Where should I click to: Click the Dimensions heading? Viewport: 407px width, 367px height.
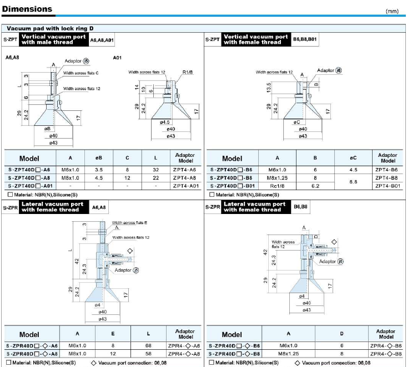27,9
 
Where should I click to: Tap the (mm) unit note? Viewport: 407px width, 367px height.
392,11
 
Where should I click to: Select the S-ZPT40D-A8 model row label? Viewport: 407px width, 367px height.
29,178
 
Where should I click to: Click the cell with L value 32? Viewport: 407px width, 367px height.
155,170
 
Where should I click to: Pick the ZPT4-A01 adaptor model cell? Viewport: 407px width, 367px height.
186,186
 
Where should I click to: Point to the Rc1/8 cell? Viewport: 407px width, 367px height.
277,186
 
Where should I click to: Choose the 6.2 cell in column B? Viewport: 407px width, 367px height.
315,186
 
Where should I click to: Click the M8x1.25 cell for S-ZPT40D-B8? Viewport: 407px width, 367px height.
277,178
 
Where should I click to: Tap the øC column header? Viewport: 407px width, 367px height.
353,158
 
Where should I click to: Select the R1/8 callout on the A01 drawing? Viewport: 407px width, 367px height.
188,72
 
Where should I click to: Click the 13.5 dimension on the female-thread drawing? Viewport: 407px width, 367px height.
269,88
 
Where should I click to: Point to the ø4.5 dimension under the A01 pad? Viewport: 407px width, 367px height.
164,122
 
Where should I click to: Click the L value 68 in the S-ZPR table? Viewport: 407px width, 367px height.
148,345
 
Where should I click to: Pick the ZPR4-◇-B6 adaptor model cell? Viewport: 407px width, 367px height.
386,346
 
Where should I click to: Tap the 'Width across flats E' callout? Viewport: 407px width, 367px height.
129,223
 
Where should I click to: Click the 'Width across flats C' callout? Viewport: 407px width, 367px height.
81,73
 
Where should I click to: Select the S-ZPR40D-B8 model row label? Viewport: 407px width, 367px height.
234,354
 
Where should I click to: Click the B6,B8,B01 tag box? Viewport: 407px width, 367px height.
305,39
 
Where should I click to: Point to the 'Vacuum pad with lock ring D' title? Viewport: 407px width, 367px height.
50,28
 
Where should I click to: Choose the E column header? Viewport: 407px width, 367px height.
113,334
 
